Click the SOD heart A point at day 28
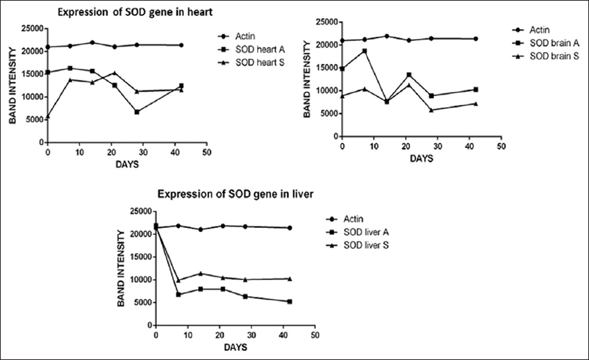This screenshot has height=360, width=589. [x=137, y=112]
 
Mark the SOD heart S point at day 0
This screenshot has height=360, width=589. [x=48, y=116]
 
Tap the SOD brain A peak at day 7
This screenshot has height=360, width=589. [x=364, y=51]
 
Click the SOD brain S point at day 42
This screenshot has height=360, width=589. [x=475, y=104]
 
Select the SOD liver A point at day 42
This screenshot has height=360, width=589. [x=289, y=302]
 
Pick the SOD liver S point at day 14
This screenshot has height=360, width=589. [x=201, y=273]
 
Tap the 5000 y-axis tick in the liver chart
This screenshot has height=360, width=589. [x=143, y=302]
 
